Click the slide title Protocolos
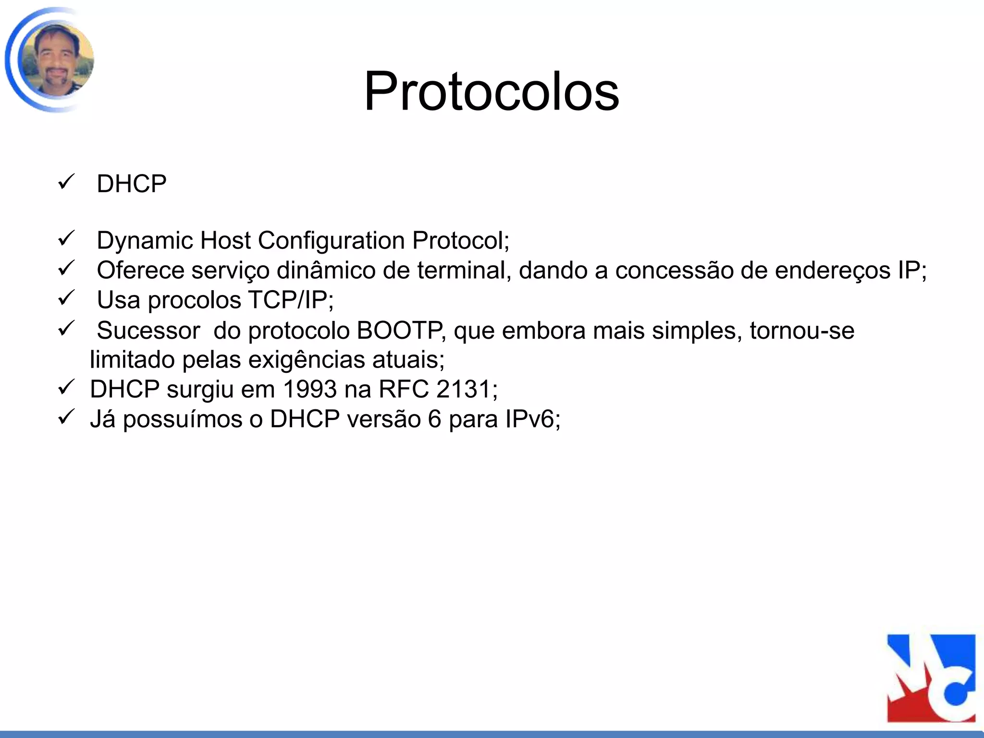coord(492,91)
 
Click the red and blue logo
coord(931,678)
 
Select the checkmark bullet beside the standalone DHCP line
coord(65,182)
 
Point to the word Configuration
coord(332,240)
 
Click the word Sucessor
coord(148,331)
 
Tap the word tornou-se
coord(802,331)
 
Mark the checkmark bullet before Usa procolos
coord(65,298)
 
